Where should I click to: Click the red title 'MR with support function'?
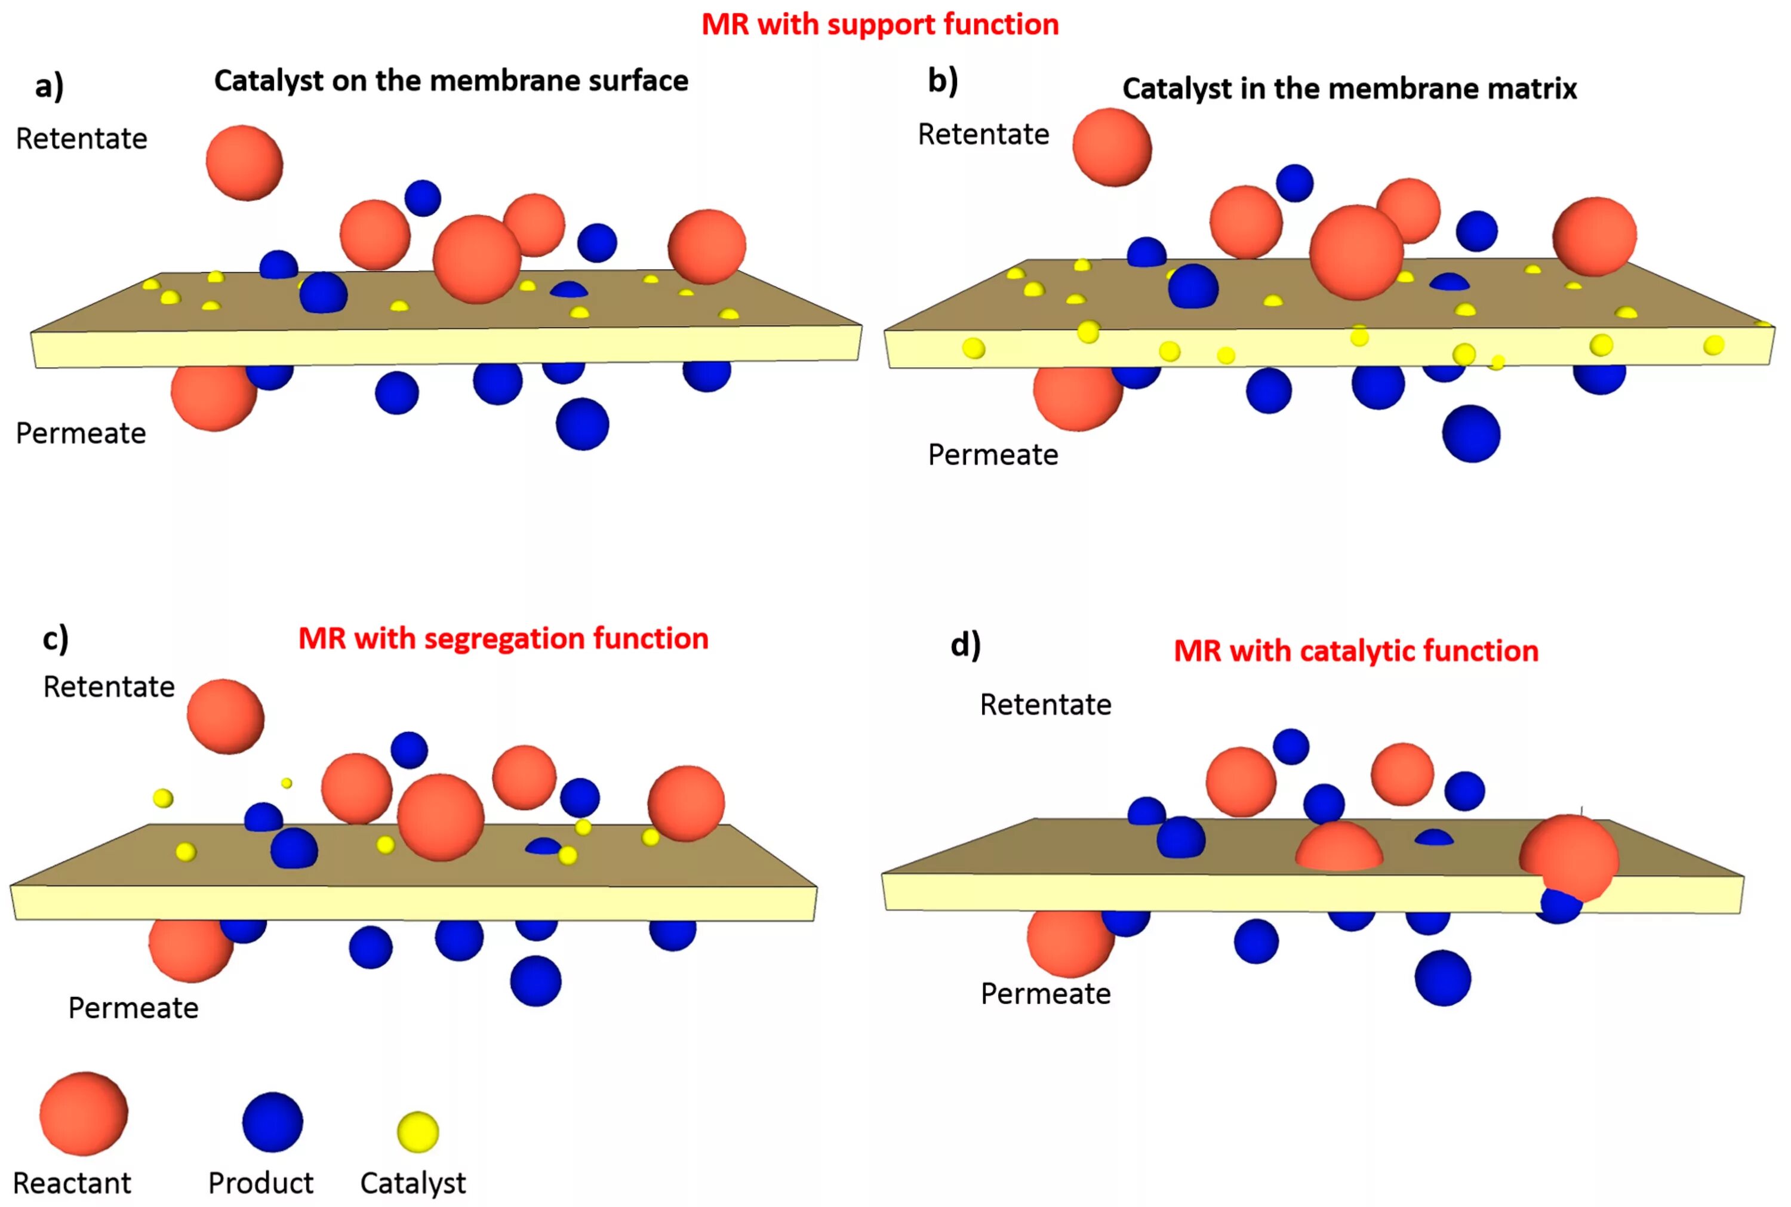880,24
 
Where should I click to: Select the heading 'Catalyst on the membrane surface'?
451,81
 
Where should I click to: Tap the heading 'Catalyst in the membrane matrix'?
1349,88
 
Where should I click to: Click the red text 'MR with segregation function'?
503,638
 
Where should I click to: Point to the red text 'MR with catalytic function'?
1355,651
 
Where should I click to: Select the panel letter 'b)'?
943,81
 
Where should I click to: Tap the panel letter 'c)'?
56,639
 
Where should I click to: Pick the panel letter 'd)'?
965,645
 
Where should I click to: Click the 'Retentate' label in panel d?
1045,704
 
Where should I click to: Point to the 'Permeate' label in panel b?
993,455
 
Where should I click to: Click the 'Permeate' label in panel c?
133,1008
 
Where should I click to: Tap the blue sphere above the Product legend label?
272,1122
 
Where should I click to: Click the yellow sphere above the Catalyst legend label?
418,1132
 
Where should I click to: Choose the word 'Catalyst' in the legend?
413,1183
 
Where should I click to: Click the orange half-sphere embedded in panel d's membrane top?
1338,848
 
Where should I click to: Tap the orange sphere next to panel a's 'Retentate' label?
245,163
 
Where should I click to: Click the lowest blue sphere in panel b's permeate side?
1471,434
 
